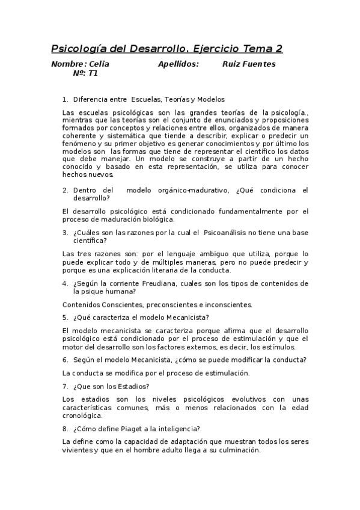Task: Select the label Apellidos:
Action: (178, 64)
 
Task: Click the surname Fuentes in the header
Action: (258, 64)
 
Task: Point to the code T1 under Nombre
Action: (93, 73)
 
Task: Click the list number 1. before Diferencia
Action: (66, 99)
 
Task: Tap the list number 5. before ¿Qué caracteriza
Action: (66, 317)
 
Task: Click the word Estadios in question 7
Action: (132, 386)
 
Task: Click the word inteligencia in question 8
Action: (179, 429)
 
